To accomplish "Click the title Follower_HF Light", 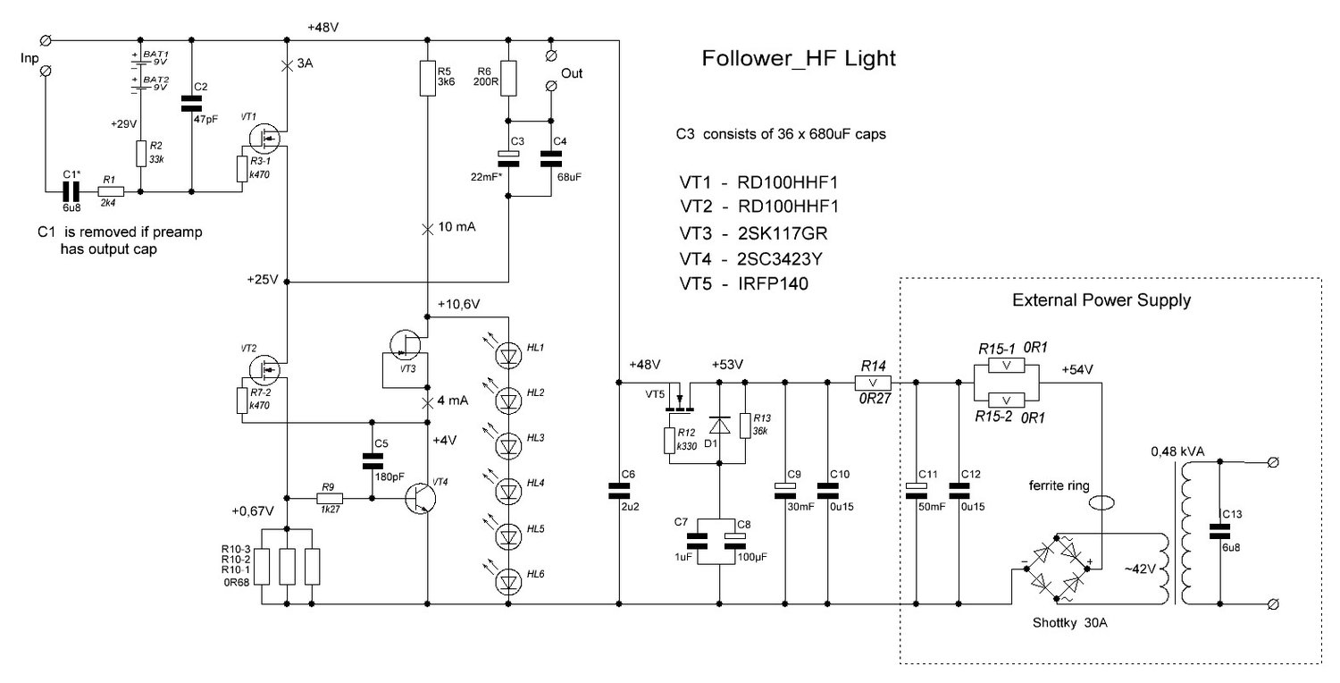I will (x=799, y=59).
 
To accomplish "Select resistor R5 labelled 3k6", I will (x=428, y=78).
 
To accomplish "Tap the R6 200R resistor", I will (x=507, y=78).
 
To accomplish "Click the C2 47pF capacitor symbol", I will (x=192, y=103).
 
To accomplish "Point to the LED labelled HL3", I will (x=509, y=444).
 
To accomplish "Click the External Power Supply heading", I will (x=1101, y=300).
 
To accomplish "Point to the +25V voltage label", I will (x=263, y=279).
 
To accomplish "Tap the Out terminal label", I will (x=571, y=73).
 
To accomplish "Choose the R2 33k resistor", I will (x=141, y=154).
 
